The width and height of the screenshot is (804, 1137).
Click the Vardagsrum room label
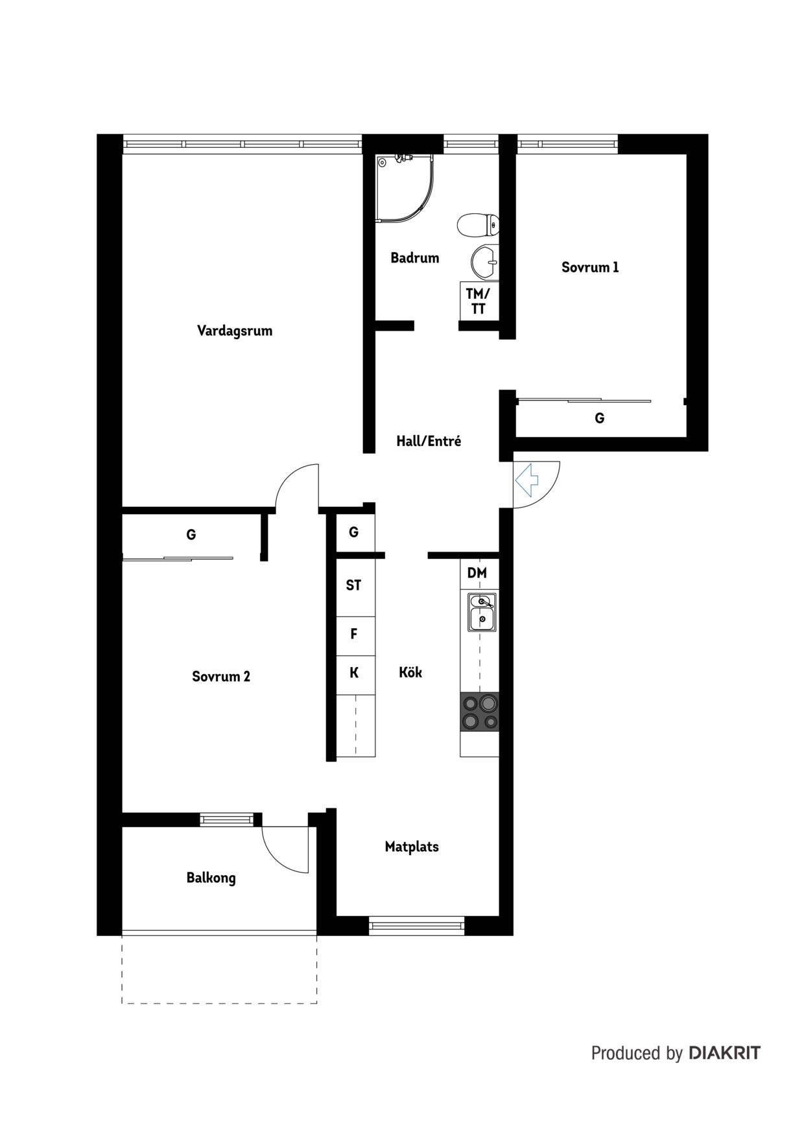click(235, 331)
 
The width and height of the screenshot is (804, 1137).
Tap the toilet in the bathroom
click(478, 226)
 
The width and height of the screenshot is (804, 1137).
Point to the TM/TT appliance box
click(479, 301)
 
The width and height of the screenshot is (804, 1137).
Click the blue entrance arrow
click(527, 480)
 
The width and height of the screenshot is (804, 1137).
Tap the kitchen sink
click(482, 613)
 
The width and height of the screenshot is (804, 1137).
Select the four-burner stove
click(480, 712)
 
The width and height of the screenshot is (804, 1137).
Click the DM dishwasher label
click(477, 573)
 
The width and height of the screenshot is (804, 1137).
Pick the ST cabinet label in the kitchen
click(353, 585)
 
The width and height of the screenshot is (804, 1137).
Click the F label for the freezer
click(354, 634)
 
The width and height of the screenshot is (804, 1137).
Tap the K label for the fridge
click(354, 673)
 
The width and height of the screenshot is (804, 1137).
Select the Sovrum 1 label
click(590, 267)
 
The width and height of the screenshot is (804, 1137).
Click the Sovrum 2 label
click(221, 677)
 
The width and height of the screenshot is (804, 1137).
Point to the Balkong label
click(211, 878)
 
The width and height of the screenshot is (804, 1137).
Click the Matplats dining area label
click(412, 847)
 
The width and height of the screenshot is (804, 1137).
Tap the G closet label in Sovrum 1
click(600, 418)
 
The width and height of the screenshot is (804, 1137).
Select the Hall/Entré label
click(429, 441)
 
